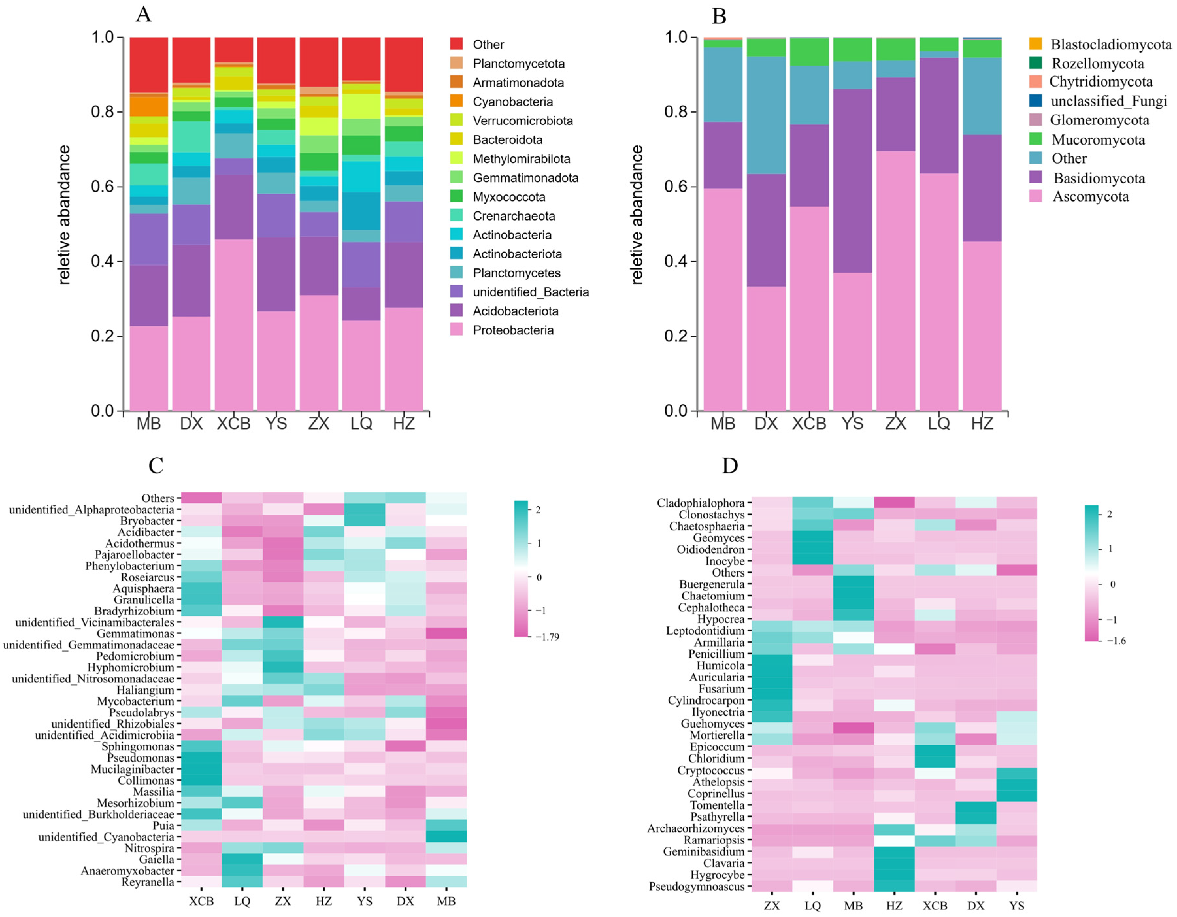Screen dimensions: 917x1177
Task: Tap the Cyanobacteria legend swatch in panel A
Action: coord(456,101)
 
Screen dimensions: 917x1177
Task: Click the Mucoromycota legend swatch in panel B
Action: coord(1035,139)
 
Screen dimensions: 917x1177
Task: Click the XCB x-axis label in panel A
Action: coord(234,423)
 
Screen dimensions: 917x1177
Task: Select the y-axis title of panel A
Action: coord(64,214)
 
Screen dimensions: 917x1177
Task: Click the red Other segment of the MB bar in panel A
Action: coord(149,65)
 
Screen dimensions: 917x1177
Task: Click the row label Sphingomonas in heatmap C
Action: coord(138,746)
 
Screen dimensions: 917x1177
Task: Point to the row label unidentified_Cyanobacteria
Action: coord(106,837)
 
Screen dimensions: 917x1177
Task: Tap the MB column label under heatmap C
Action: coord(446,901)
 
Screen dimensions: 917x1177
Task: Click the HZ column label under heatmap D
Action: coord(894,906)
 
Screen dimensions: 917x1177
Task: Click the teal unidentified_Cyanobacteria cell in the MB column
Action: coord(446,837)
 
